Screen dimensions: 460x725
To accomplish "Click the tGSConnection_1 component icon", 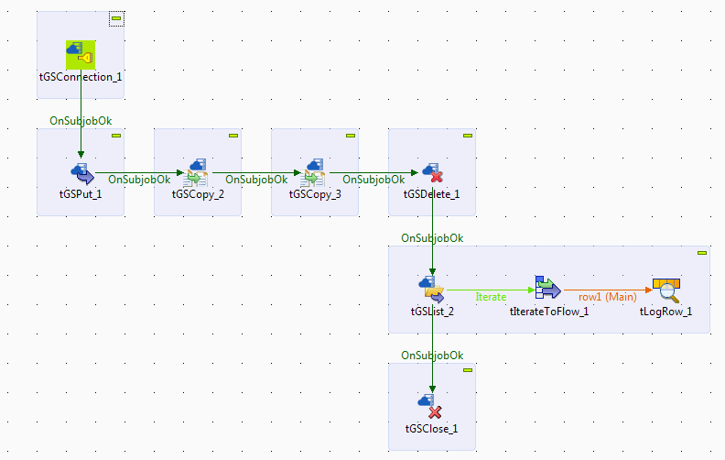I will [x=81, y=55].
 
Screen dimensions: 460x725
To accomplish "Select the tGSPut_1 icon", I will [x=81, y=171].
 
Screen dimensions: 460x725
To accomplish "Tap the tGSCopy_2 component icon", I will [x=198, y=171].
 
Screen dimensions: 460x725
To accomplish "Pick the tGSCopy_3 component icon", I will [x=315, y=171].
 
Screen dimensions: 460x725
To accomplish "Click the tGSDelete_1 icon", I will [x=432, y=171].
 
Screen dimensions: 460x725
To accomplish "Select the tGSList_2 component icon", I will [x=432, y=289].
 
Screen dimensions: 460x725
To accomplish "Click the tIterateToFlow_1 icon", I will [x=548, y=289].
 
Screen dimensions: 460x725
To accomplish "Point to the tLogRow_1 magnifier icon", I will [x=665, y=289].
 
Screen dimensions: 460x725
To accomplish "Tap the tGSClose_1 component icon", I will [x=432, y=405].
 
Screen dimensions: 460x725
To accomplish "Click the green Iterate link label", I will [x=492, y=297].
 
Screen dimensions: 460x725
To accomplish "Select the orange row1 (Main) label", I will [x=607, y=297].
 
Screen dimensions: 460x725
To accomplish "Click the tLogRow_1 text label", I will [x=665, y=312].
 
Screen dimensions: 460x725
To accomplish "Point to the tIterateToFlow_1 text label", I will [x=548, y=312].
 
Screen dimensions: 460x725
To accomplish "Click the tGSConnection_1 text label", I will [x=81, y=77].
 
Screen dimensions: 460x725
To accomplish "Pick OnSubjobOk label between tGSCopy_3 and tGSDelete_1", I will [x=374, y=180].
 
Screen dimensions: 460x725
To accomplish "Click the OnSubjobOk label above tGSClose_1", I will [x=432, y=356].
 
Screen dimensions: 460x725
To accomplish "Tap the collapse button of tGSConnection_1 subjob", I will [x=116, y=18].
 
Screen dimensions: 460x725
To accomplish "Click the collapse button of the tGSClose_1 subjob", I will [x=468, y=370].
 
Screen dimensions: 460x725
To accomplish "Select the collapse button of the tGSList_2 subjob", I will [x=702, y=253].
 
